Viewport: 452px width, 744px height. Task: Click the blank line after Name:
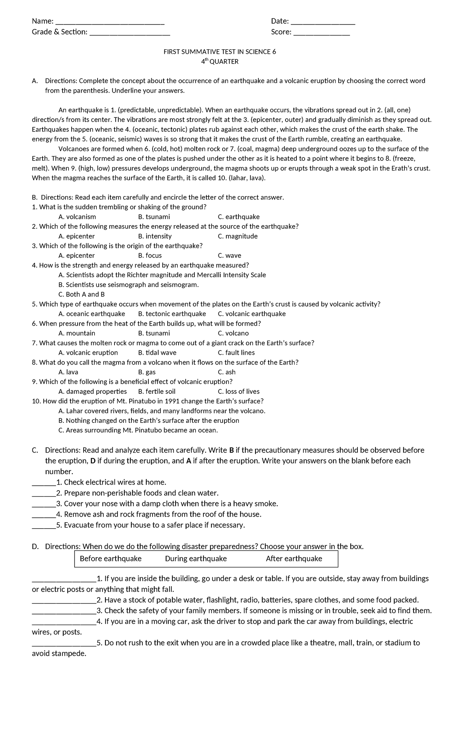point(110,22)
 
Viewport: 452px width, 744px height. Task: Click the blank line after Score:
point(321,33)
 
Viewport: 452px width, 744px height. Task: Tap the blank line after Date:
point(323,22)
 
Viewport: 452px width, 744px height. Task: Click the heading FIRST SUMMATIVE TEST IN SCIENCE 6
point(220,52)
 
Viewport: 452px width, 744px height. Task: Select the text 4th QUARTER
point(220,61)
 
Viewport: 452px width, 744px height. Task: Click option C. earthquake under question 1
point(238,217)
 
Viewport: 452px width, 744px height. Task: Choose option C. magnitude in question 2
point(238,236)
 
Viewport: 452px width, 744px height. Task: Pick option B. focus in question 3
point(150,256)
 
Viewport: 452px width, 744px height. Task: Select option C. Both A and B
point(81,294)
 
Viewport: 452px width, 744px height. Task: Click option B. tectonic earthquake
point(172,314)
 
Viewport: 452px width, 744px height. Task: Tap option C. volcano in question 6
point(233,333)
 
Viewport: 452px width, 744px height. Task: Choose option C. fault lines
point(236,353)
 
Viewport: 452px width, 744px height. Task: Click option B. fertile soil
point(157,392)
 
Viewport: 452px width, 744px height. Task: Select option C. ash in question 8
point(226,372)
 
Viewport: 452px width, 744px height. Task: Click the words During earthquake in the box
point(196,559)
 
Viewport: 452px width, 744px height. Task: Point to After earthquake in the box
point(294,559)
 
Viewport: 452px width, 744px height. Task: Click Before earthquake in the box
point(110,559)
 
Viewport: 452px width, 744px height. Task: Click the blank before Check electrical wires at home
point(44,483)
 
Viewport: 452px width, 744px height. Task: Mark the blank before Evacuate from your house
point(44,526)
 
